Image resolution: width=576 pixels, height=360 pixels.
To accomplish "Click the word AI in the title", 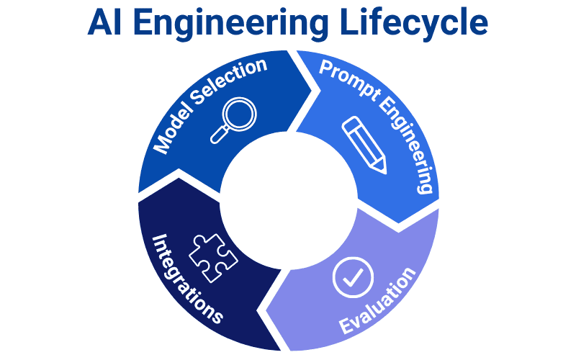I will (106, 24).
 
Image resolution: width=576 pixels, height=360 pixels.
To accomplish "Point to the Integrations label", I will (186, 277).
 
